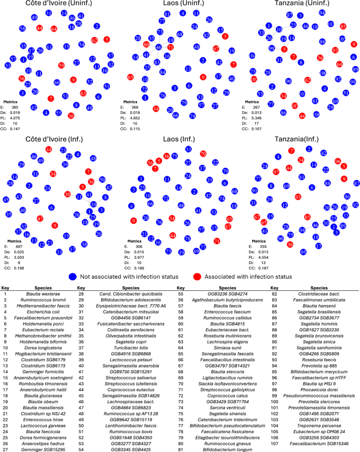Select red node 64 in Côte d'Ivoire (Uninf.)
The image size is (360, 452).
(x=54, y=28)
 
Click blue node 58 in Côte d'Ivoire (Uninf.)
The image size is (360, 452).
(x=22, y=28)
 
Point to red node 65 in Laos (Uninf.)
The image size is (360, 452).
(x=130, y=77)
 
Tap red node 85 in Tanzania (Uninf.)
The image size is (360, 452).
(x=343, y=26)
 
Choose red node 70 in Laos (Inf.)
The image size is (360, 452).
(x=203, y=153)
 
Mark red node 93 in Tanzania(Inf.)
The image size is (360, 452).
(x=297, y=196)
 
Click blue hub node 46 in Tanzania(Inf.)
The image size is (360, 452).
(x=315, y=225)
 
